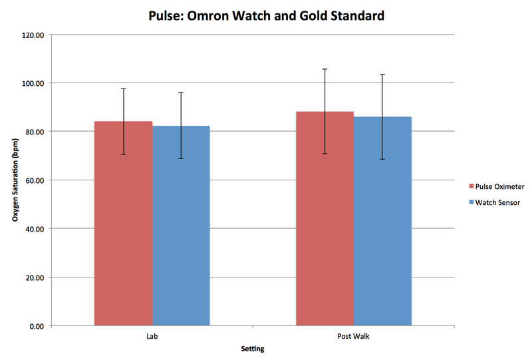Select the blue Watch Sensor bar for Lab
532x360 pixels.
coord(181,226)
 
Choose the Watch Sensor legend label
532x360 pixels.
coord(498,202)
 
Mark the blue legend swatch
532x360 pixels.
coord(471,202)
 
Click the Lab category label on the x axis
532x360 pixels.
coord(152,337)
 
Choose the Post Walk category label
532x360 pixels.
coord(353,337)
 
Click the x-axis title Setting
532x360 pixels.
coord(253,349)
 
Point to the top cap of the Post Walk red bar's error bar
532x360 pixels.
coord(325,69)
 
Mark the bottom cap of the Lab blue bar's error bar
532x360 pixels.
coord(181,158)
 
